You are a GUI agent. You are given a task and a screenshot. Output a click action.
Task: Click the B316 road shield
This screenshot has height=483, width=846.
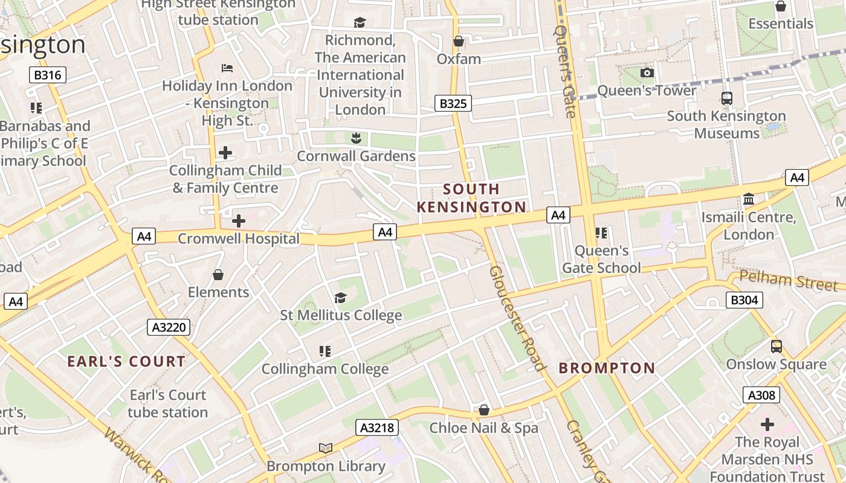(48, 75)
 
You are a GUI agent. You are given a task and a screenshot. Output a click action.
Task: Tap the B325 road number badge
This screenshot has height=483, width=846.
(453, 103)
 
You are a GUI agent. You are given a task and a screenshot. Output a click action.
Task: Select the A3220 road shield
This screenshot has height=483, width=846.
(169, 327)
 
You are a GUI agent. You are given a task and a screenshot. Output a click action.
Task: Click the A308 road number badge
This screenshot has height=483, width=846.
(761, 395)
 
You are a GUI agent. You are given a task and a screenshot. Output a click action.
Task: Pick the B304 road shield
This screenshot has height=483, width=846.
(744, 299)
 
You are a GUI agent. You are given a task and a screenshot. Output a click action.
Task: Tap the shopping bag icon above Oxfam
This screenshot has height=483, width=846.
(459, 41)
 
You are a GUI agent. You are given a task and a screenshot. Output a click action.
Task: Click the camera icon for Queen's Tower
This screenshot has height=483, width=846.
(647, 72)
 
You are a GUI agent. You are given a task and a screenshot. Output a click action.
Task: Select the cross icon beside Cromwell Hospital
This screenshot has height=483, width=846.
(239, 221)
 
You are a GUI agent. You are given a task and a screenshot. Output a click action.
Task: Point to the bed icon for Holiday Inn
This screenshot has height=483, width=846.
(227, 68)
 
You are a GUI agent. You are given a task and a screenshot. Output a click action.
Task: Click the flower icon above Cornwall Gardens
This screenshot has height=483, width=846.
(356, 138)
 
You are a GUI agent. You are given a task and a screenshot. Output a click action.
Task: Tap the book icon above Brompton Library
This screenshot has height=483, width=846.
(326, 448)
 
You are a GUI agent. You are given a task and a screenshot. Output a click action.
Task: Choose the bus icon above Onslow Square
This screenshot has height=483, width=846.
(777, 347)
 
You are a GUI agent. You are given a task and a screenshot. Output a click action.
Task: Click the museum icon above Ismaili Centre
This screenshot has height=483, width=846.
(749, 199)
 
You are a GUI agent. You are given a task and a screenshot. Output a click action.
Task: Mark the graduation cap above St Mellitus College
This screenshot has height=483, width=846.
(341, 298)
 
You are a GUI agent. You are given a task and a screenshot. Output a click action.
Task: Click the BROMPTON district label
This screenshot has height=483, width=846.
(607, 368)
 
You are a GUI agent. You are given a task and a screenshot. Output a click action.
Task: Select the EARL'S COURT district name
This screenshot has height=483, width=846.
(126, 361)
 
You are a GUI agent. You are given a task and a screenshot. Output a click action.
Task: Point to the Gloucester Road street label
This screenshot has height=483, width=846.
(517, 318)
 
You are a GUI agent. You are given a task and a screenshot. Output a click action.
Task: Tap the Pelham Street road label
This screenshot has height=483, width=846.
(788, 280)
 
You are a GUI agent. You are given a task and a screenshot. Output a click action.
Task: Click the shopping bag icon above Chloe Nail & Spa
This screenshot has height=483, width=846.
(483, 410)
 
